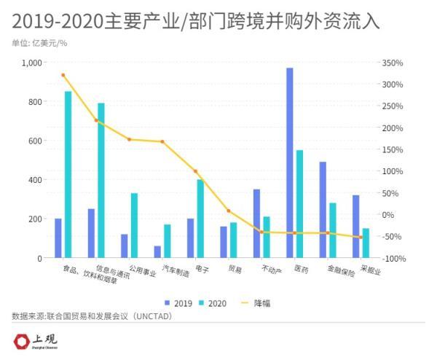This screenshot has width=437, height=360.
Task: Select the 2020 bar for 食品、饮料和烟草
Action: coord(68,174)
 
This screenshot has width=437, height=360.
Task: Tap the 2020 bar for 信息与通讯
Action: coord(101,180)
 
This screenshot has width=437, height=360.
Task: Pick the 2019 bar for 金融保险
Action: coord(323,210)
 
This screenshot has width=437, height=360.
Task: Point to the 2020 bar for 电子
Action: coord(200,219)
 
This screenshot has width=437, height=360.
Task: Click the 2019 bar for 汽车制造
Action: coord(157,251)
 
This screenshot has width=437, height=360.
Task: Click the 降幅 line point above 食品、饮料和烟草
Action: coord(63,75)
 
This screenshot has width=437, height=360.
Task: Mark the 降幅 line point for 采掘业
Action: coord(361,237)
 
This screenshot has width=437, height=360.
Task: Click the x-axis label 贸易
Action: coord(235,270)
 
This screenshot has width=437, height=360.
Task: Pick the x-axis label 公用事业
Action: coord(142,273)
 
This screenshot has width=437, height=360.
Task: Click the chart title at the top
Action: coord(196,19)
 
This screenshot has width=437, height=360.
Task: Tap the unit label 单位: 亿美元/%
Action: coord(41,43)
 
